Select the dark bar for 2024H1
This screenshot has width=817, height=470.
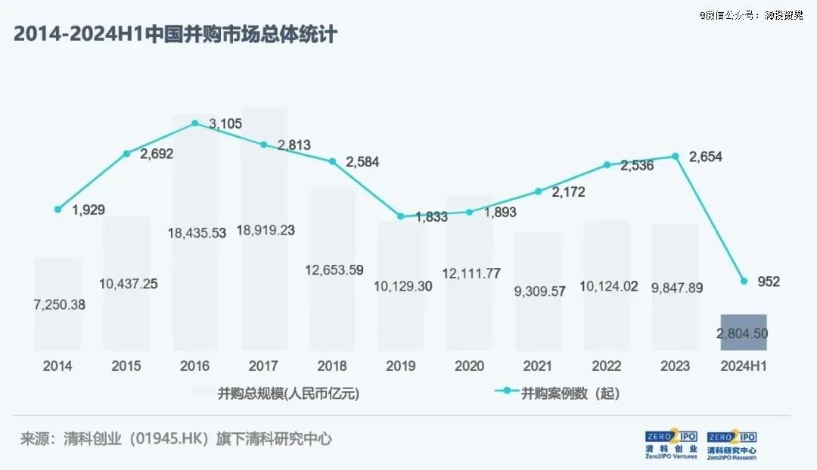pyautogui.click(x=744, y=332)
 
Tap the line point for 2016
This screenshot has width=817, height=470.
pyautogui.click(x=195, y=123)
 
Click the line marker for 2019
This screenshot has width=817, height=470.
pyautogui.click(x=401, y=216)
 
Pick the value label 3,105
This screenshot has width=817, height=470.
pyautogui.click(x=226, y=123)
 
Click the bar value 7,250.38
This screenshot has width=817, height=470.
pyautogui.click(x=58, y=305)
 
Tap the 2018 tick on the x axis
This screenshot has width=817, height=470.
pyautogui.click(x=332, y=366)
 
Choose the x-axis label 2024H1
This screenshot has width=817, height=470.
pyautogui.click(x=744, y=366)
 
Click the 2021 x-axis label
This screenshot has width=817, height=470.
pyautogui.click(x=538, y=366)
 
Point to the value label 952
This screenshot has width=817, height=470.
pyautogui.click(x=769, y=282)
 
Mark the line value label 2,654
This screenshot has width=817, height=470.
pyautogui.click(x=707, y=157)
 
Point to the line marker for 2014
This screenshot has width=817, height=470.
pyautogui.click(x=57, y=209)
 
